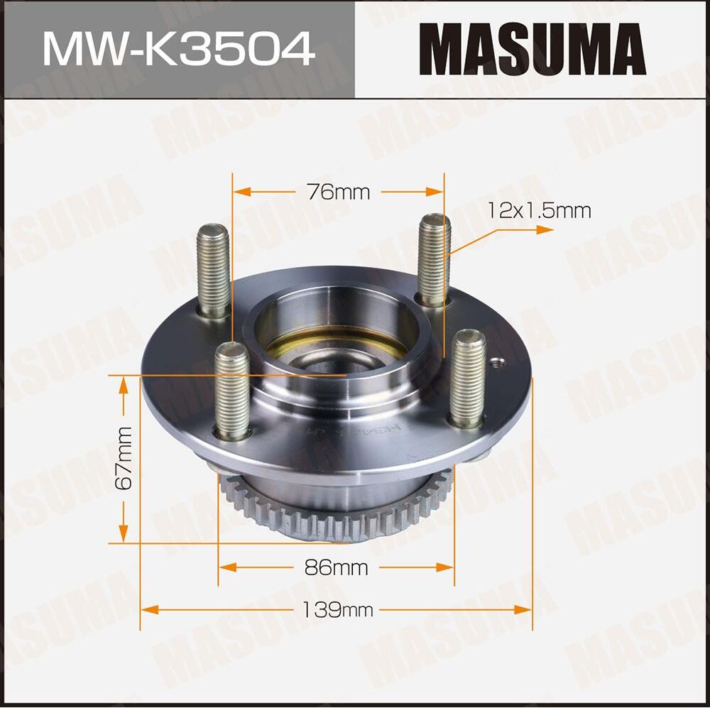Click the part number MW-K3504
[x=177, y=48]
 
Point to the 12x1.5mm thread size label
[x=539, y=210]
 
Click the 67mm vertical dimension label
[x=125, y=458]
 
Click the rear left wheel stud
[x=213, y=270]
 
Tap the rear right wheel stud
[x=434, y=259]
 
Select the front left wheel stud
[x=233, y=391]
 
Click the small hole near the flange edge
[x=498, y=365]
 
